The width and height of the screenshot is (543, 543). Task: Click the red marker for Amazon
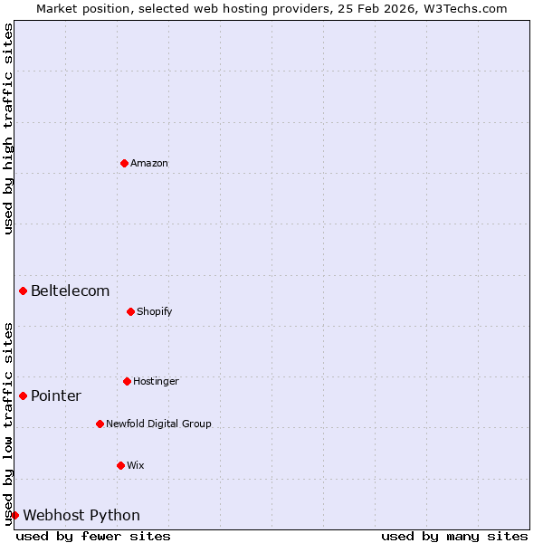pos(124,163)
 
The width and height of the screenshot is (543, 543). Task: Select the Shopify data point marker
pos(130,311)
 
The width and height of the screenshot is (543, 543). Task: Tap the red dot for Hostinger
pos(127,381)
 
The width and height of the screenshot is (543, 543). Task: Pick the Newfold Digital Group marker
pos(100,424)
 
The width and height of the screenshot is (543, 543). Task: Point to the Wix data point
pos(120,465)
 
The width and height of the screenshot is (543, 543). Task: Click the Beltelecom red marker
pos(23,291)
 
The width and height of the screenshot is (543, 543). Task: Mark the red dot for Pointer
pos(23,395)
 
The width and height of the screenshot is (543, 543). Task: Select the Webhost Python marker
pos(14,515)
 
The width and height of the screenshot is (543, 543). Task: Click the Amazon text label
pos(149,163)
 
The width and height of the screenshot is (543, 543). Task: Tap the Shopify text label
pos(155,311)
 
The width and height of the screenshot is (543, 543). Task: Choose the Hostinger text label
pos(156,381)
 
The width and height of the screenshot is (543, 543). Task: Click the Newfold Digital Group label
pos(158,424)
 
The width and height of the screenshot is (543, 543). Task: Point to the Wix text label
pos(136,465)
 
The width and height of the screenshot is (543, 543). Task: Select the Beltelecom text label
pos(71,291)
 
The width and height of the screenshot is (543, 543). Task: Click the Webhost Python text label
pos(81,515)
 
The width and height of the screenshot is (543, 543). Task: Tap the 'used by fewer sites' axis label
pos(93,536)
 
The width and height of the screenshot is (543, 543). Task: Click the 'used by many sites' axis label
pos(454,536)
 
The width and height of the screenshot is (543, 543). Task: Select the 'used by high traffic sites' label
pos(9,129)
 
